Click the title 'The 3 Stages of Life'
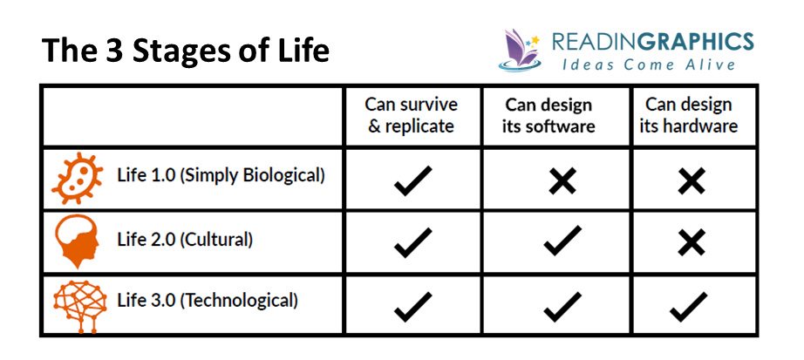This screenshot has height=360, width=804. pyautogui.click(x=185, y=51)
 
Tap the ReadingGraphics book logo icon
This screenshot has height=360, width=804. pyautogui.click(x=519, y=50)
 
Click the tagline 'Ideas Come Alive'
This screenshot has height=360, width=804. pyautogui.click(x=649, y=65)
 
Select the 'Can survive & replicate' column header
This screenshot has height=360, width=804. pyautogui.click(x=412, y=115)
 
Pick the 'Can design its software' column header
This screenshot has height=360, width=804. pyautogui.click(x=548, y=115)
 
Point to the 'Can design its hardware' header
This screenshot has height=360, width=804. pyautogui.click(x=688, y=115)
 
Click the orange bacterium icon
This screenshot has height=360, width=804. pyautogui.click(x=77, y=178)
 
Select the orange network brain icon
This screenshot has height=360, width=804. pyautogui.click(x=80, y=306)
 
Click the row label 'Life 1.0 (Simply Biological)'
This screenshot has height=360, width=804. pyautogui.click(x=221, y=175)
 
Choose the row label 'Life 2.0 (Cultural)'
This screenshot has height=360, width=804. pyautogui.click(x=185, y=240)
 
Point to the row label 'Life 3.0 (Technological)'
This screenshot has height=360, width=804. pyautogui.click(x=208, y=300)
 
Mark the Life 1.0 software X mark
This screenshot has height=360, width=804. pyautogui.click(x=562, y=180)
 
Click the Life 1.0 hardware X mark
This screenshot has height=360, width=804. pyautogui.click(x=691, y=180)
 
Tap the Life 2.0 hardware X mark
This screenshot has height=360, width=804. pyautogui.click(x=691, y=242)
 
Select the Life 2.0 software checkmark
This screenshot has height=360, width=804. pyautogui.click(x=562, y=241)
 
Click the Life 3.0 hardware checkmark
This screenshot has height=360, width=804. pyautogui.click(x=689, y=307)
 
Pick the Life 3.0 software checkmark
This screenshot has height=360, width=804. pyautogui.click(x=562, y=307)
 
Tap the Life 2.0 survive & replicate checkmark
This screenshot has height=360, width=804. pyautogui.click(x=412, y=242)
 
